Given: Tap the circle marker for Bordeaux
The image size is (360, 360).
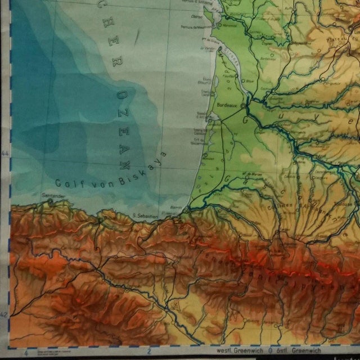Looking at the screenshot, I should point(243,105).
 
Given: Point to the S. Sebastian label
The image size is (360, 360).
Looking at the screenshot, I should point(144,214).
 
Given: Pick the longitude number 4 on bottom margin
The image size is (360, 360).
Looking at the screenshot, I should point(26,353).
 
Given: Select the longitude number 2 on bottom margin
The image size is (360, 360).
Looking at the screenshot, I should point(149,353).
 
